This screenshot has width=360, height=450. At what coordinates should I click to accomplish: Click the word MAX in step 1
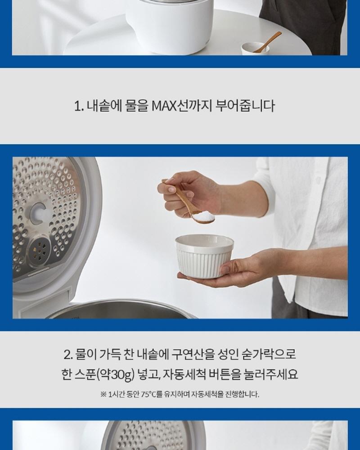[x=163, y=106]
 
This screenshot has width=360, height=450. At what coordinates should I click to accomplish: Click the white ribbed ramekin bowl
[x=204, y=256]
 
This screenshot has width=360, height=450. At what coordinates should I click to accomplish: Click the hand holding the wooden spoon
[x=189, y=194]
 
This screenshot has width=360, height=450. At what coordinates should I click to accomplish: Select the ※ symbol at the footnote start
[x=103, y=394]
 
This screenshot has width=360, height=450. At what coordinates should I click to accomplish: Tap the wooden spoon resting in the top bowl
[x=267, y=42]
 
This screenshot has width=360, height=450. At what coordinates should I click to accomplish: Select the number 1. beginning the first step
[x=79, y=106]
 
